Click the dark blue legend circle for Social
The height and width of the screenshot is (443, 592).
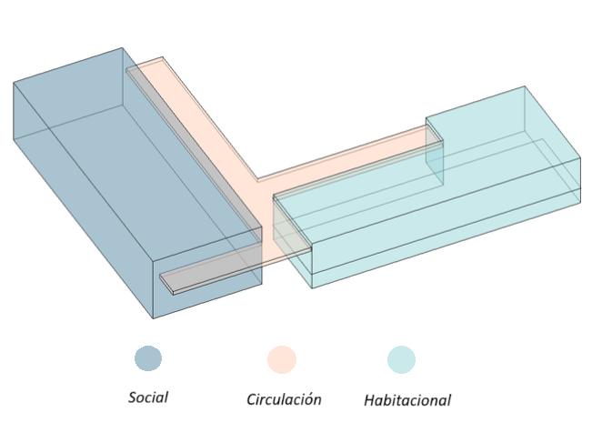pos(148,358)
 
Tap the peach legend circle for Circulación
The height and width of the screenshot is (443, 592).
pos(282,359)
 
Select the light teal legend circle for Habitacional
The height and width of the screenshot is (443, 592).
pos(401,359)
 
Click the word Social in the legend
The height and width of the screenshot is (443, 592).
pos(148,398)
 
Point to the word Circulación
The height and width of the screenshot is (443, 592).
pos(284,399)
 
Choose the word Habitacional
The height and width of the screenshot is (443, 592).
pos(407,399)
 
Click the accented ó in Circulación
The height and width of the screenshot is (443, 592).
pos(309,398)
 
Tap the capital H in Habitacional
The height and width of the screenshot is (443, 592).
pos(369,399)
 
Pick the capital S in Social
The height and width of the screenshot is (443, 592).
pos(133,398)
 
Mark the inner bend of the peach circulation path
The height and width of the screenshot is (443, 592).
pos(257,178)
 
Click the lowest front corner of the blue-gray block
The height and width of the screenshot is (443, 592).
pos(153,318)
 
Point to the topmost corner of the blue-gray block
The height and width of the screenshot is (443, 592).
pos(122,48)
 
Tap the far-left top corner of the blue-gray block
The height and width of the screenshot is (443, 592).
pos(14,83)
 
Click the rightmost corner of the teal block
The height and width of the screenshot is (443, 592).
pos(580,158)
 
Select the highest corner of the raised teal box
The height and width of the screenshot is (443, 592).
pos(525,86)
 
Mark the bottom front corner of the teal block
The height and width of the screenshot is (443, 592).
pos(312,288)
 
